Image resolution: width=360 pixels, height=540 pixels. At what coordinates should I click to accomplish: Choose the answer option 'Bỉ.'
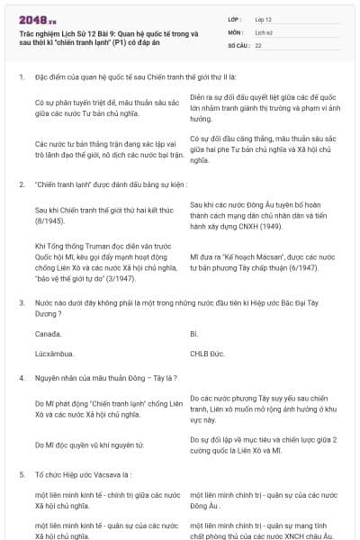[193, 333]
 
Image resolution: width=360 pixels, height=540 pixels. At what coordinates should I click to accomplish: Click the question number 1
[21, 77]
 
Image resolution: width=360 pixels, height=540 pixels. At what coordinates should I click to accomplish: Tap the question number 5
[21, 473]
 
